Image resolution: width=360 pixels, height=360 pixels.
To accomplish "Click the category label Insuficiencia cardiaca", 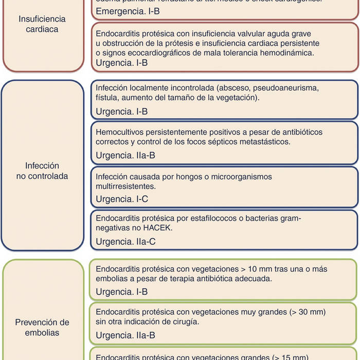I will coord(42,24).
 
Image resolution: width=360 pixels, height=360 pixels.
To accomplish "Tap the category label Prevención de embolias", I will coord(42,328).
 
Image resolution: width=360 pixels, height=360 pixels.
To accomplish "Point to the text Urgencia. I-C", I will coord(122,199).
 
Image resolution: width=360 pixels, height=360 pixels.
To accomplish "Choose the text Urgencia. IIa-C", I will coord(126,241).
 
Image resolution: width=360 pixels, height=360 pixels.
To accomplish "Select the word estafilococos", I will coord(218,219).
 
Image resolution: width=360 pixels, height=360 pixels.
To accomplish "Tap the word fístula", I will coord(106,97).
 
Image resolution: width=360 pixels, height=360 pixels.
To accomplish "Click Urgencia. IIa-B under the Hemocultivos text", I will coord(126,155).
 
